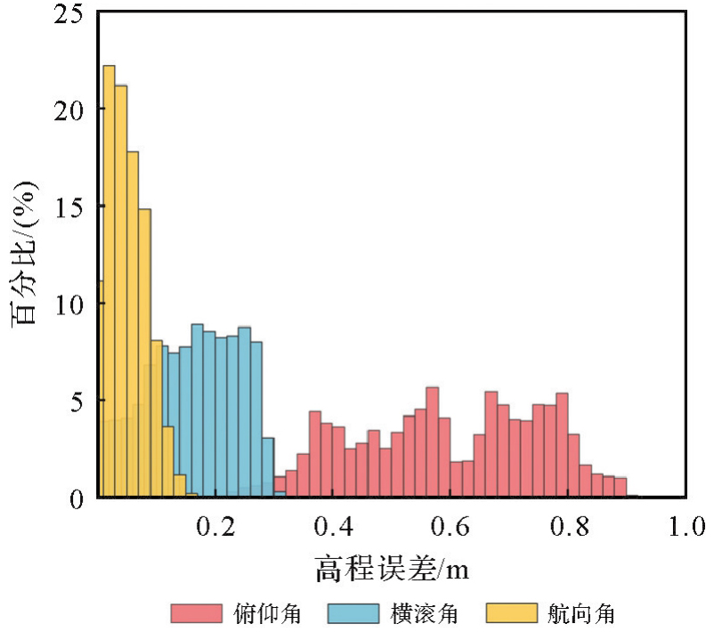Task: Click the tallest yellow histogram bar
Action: point(110,281)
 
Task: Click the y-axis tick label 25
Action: point(70,12)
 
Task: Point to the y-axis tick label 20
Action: point(70,109)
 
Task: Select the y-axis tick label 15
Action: point(70,207)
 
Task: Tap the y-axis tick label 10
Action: point(70,304)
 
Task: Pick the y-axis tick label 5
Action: point(78,401)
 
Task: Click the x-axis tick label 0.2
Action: point(215,526)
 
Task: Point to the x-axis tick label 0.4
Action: point(333,526)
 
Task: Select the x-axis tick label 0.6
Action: point(450,526)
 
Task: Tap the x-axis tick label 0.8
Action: point(568,526)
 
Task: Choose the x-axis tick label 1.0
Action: point(686,526)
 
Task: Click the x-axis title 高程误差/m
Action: point(392,566)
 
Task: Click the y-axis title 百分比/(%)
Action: point(24,255)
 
